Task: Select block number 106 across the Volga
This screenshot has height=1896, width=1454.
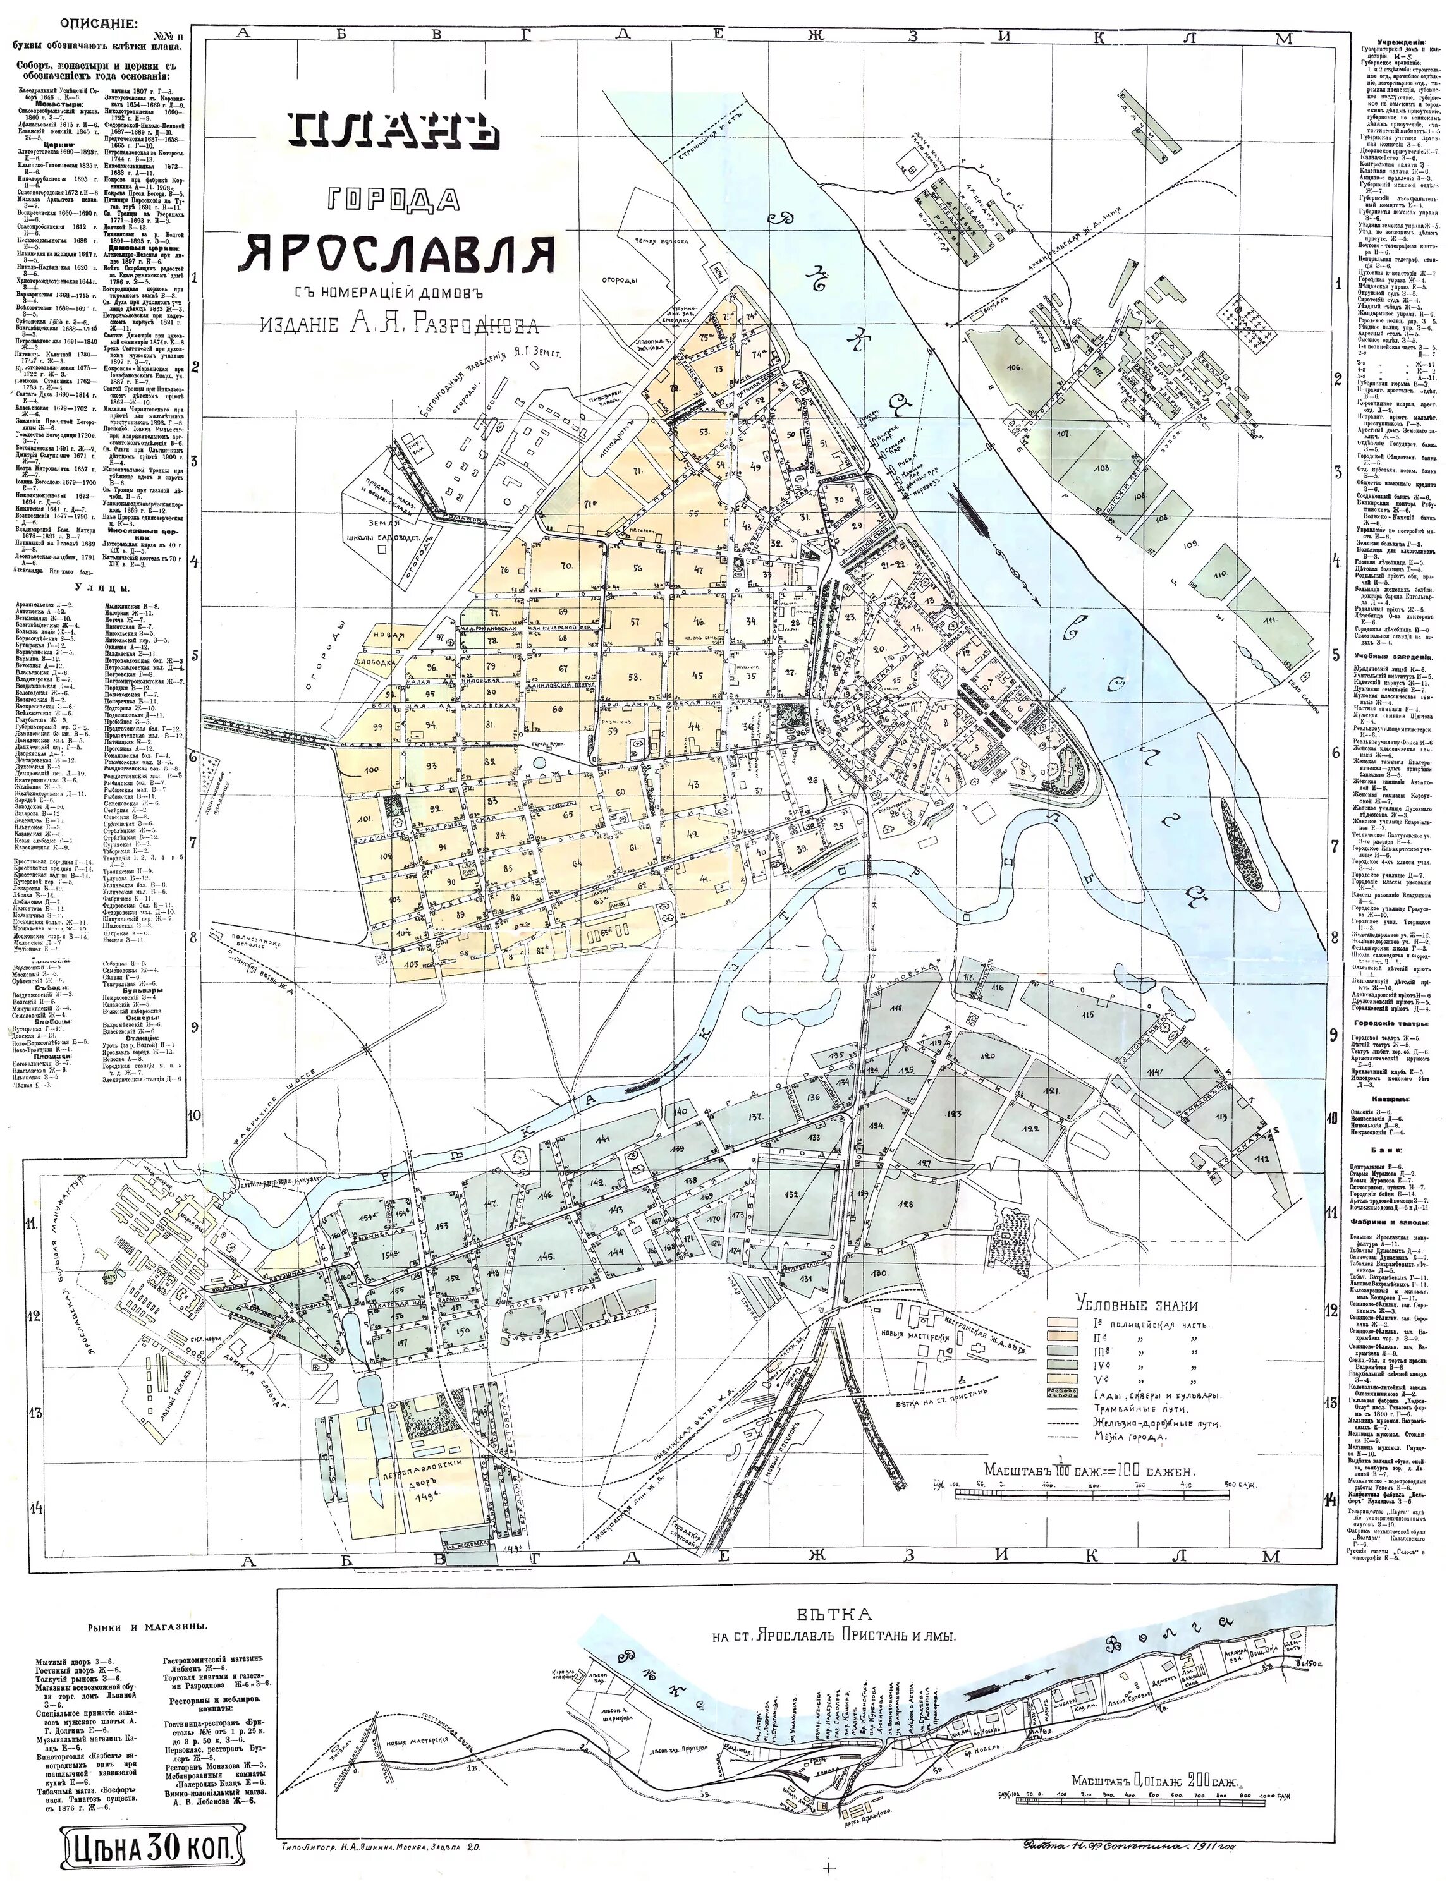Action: click(x=1015, y=368)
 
